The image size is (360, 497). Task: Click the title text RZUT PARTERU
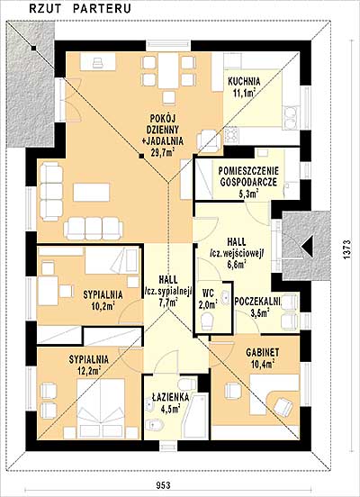coord(80,9)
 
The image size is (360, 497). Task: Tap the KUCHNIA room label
coord(244,81)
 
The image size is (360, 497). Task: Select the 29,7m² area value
coord(163,153)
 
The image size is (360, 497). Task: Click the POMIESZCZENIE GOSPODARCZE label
coord(248,176)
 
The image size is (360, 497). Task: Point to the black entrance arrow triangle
coord(308,247)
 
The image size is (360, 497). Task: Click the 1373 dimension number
coord(347,249)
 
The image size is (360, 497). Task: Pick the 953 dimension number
coord(164,485)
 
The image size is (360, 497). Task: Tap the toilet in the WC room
coord(207,321)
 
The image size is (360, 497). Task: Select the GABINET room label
coord(263,352)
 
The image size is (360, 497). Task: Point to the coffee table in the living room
coord(92,192)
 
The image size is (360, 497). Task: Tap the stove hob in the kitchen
coord(231,134)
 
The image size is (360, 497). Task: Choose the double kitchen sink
coord(291,118)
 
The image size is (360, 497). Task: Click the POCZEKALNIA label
coord(257,302)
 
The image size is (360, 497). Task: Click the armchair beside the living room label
coord(208,140)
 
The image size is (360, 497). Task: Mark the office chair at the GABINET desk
coord(283,406)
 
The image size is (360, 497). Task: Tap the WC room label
coord(209,293)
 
